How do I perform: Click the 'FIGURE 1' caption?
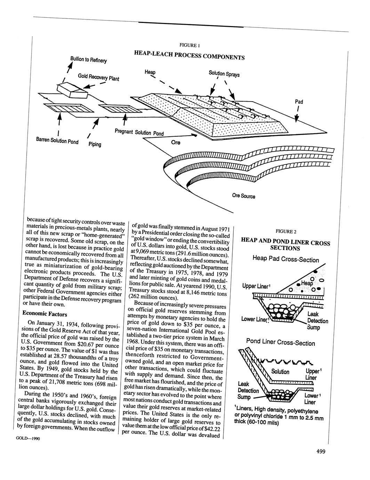189,45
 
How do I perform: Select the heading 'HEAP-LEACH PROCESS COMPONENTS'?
189,55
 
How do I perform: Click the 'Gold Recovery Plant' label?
98,77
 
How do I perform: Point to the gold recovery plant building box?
73,90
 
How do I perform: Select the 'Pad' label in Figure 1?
299,102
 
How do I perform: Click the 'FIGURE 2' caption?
286,232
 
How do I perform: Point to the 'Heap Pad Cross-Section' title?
285,259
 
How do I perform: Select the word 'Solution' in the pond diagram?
280,372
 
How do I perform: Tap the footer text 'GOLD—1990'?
28,439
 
